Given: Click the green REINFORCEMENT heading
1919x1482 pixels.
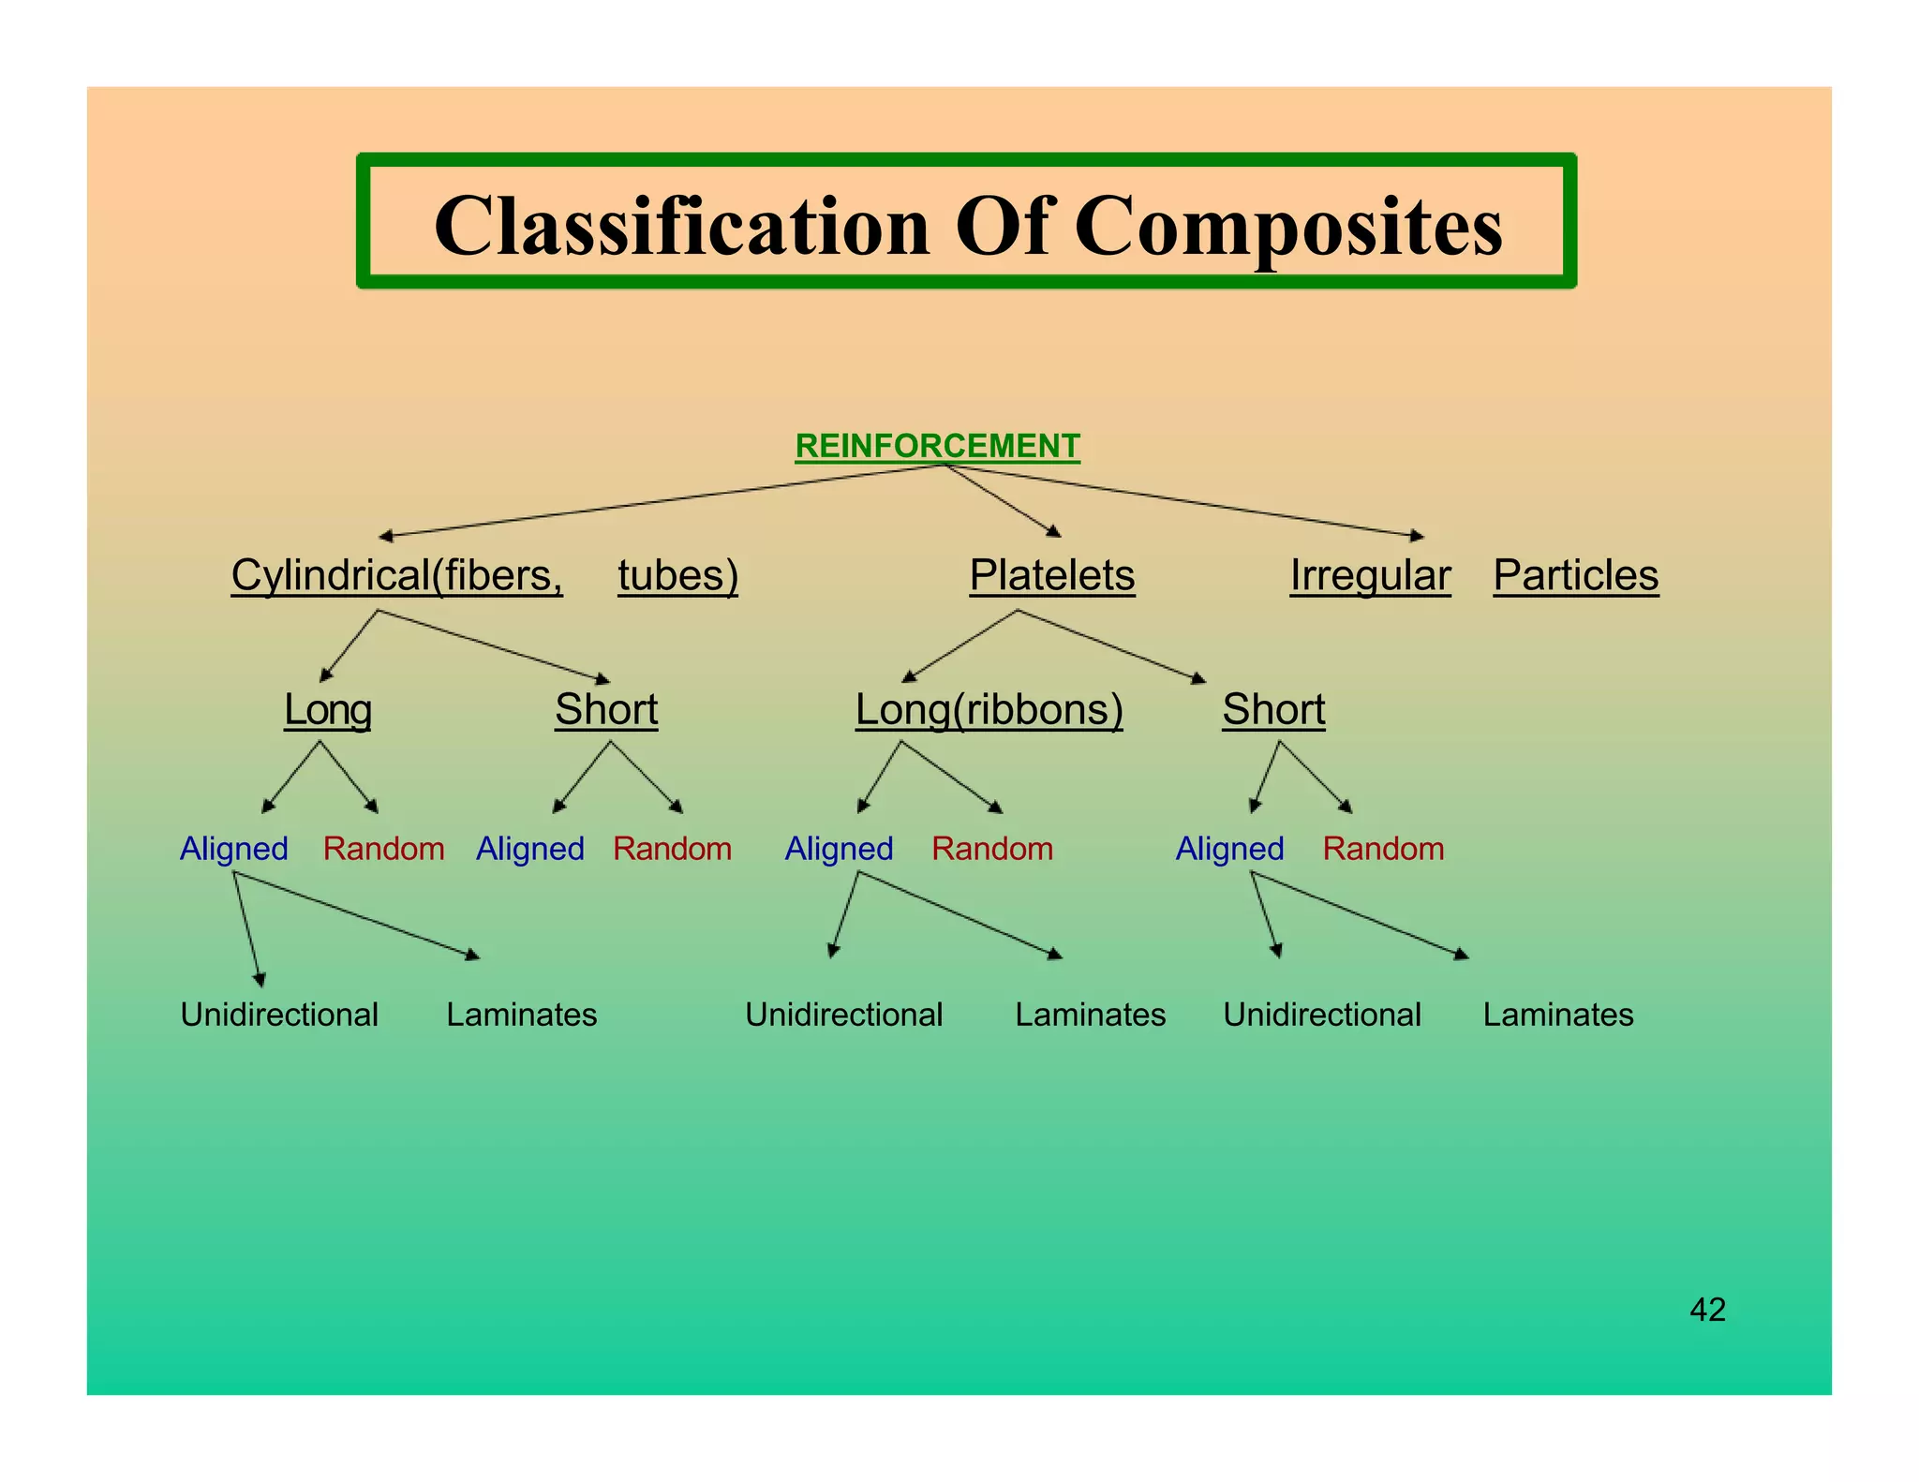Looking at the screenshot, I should click(937, 446).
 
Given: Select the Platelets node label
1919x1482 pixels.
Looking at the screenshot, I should click(1051, 575).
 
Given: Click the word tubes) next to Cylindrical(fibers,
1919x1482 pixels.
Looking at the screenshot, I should click(677, 575).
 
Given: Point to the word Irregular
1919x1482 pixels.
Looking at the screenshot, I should click(1370, 575).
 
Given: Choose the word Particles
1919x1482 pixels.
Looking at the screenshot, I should click(1575, 575).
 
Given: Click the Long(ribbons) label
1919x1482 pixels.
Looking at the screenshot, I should click(989, 709).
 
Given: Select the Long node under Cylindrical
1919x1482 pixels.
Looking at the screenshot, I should click(328, 709).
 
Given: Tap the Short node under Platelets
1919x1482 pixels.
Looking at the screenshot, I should click(1273, 709).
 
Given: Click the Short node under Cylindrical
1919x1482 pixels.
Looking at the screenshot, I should click(606, 709).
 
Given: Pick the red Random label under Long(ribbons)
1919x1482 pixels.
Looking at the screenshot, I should click(992, 849).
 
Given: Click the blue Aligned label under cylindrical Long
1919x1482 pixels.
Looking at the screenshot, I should click(234, 849).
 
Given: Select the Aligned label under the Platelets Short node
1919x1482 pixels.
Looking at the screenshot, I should click(1229, 849).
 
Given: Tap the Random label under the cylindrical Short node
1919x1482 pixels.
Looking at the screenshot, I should click(672, 849).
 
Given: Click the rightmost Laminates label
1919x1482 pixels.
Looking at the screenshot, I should click(1557, 1015).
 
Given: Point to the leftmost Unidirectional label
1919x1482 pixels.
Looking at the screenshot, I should click(279, 1015).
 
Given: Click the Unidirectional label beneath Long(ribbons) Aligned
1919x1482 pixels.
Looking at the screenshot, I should click(843, 1015).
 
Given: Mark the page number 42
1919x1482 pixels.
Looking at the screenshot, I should click(1707, 1309).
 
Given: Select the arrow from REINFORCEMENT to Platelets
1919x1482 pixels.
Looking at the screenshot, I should click(1003, 500).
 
